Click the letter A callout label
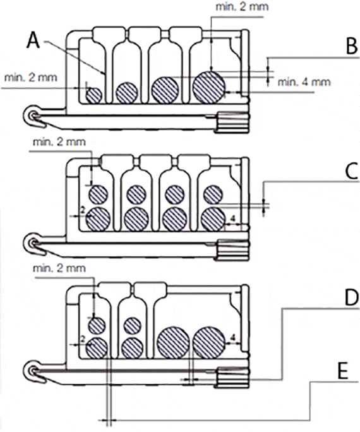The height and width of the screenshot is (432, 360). point(33,39)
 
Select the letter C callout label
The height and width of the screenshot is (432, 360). point(352,171)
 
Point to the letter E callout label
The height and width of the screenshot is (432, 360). point(343,371)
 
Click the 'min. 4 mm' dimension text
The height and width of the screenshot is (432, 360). point(304,82)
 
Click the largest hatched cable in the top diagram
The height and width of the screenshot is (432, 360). point(209,87)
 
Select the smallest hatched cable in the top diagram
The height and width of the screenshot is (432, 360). point(94,95)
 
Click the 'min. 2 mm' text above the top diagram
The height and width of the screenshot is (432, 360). point(242,7)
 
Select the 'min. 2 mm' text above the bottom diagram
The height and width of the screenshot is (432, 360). point(59,268)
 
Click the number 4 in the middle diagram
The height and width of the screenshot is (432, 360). point(233,219)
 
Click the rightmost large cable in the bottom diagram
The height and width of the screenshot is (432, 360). point(209,342)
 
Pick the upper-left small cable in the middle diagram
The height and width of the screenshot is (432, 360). point(98,195)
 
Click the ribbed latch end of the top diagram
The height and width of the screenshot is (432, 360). point(232,122)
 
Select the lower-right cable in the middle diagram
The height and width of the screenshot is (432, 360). point(213,219)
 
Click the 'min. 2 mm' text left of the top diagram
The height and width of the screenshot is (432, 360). point(30,78)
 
